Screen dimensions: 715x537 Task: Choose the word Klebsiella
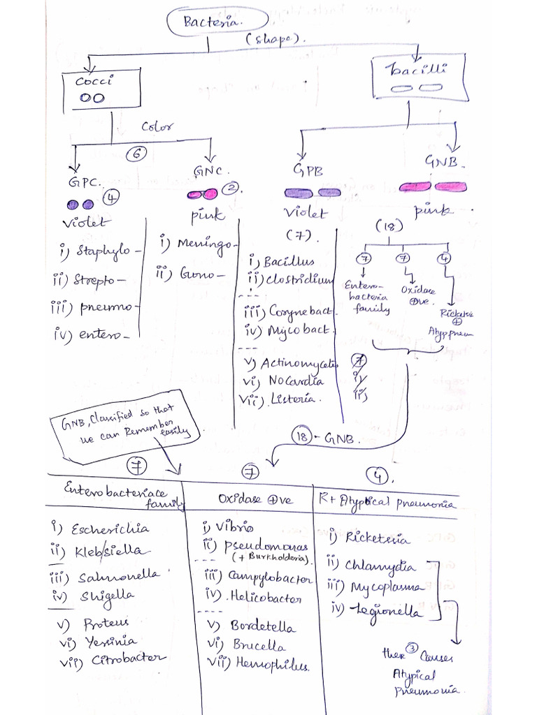[112, 552]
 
